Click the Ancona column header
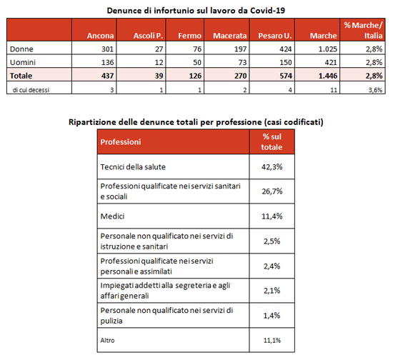[x=100, y=36]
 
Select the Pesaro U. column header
[x=275, y=36]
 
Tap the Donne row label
[x=21, y=49]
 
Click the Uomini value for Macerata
[x=242, y=62]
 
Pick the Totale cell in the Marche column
[x=328, y=76]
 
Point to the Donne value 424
[x=286, y=49]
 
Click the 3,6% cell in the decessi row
[x=375, y=90]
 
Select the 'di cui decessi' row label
[x=31, y=90]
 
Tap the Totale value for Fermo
[x=195, y=76]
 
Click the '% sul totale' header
[x=272, y=142]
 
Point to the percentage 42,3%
[x=272, y=167]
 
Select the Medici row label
[x=112, y=216]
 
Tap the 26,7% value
[x=272, y=191]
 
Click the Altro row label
[x=107, y=340]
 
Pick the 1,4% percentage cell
[x=272, y=316]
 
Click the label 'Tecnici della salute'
[x=133, y=167]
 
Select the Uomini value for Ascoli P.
[x=159, y=62]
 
